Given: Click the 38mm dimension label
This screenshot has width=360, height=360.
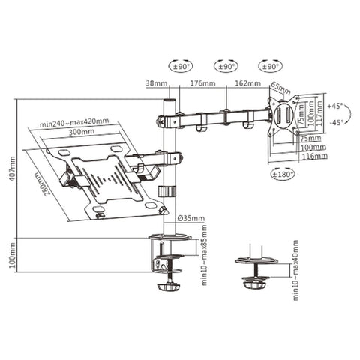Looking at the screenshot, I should [157, 84].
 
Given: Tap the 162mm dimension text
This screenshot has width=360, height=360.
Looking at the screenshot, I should [247, 84].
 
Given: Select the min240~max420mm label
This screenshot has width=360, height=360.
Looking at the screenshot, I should [75, 121].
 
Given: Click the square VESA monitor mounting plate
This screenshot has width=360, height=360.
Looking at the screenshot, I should [286, 116].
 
